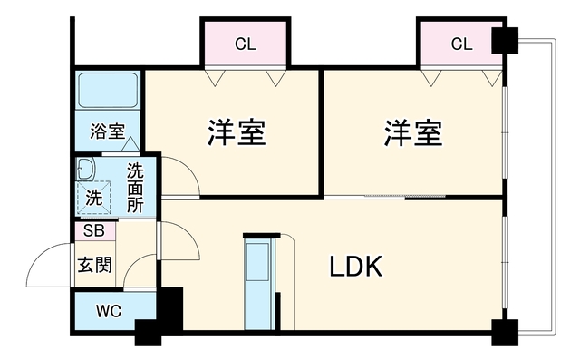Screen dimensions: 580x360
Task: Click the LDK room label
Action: (x=356, y=267)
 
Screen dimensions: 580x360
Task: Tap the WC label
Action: (x=109, y=311)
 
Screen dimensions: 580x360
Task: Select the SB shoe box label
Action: (x=94, y=230)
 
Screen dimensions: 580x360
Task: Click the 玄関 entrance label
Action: (x=94, y=265)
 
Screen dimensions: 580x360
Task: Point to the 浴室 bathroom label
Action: (x=108, y=131)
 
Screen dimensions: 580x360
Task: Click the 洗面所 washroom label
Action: (x=135, y=188)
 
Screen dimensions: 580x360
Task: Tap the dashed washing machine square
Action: (x=93, y=198)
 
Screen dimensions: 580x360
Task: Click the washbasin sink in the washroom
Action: (x=85, y=169)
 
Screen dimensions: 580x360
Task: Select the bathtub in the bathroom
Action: (x=108, y=91)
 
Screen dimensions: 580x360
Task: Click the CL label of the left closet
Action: (x=246, y=44)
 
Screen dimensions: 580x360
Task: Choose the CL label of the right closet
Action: (x=461, y=44)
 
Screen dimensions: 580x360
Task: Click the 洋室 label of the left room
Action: (x=237, y=132)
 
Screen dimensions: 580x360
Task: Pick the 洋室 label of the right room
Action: (x=413, y=132)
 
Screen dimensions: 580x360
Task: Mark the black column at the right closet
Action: (x=505, y=41)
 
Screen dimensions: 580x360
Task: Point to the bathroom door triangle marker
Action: (x=130, y=144)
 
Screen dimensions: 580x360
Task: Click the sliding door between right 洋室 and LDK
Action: (x=405, y=197)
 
